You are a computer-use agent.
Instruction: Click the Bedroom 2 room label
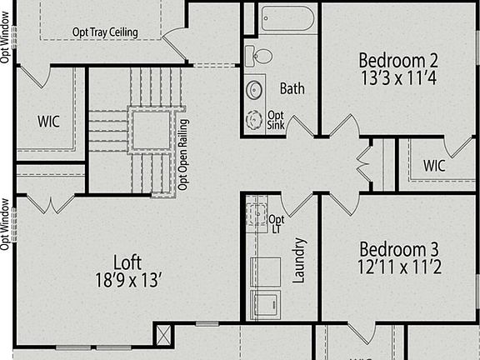pos(398,60)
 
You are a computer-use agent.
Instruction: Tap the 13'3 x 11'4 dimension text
pos(398,80)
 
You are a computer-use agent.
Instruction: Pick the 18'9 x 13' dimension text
pos(127,279)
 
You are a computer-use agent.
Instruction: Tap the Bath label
pos(292,88)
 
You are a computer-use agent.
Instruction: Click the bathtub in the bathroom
pos(287,18)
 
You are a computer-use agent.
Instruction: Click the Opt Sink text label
pos(276,120)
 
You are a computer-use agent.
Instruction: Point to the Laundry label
pos(300,260)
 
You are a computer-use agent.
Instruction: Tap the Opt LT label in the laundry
pos(277,224)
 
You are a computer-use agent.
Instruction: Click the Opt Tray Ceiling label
pos(105,32)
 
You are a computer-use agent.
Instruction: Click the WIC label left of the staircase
pos(49,120)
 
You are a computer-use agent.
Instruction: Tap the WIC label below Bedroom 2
pos(434,165)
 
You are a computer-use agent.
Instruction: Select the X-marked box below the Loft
pos(163,336)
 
